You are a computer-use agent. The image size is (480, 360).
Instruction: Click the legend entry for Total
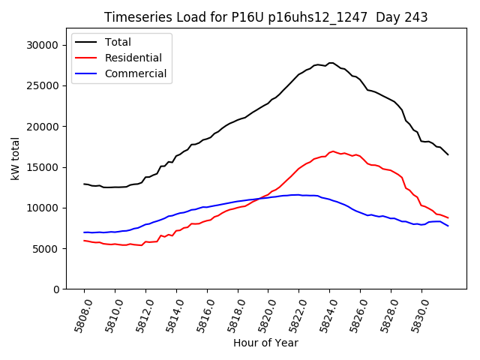coord(118,42)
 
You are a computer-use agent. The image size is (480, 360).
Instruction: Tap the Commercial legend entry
coord(136,73)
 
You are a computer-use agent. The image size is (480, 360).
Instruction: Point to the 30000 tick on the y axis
coord(43,45)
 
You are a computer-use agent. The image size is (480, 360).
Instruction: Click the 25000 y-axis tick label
coord(43,85)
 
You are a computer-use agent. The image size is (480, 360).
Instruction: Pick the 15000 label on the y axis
coord(43,167)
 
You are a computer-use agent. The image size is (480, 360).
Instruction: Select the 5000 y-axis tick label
coord(46,248)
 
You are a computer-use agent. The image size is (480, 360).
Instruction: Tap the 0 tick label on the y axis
coord(56,289)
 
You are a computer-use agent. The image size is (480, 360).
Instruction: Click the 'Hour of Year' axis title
coord(265,343)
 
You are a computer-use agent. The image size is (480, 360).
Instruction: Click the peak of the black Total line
coord(331,63)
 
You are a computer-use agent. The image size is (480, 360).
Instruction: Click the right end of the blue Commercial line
coord(448,226)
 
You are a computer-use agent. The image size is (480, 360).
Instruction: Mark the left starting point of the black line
coord(84,184)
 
